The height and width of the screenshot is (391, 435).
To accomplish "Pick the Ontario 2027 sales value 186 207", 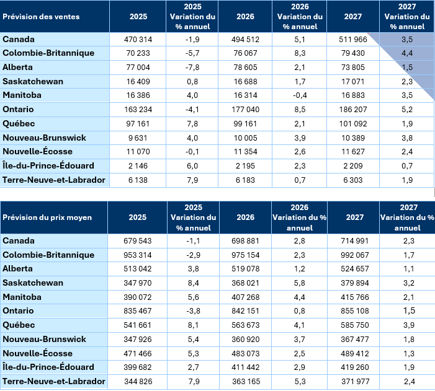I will click(352, 110).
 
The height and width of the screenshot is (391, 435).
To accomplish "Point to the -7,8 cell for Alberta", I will click(193, 68).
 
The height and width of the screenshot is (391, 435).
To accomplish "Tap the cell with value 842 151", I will click(245, 311).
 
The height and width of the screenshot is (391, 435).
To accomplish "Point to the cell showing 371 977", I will click(352, 382).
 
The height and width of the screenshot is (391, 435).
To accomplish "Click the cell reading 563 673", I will click(245, 325).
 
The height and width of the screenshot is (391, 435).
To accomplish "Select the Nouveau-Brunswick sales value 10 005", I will click(245, 138).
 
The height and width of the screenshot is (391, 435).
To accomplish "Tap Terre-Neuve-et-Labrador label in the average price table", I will click(54, 382).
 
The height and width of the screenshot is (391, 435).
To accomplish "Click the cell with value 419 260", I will click(352, 367).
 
